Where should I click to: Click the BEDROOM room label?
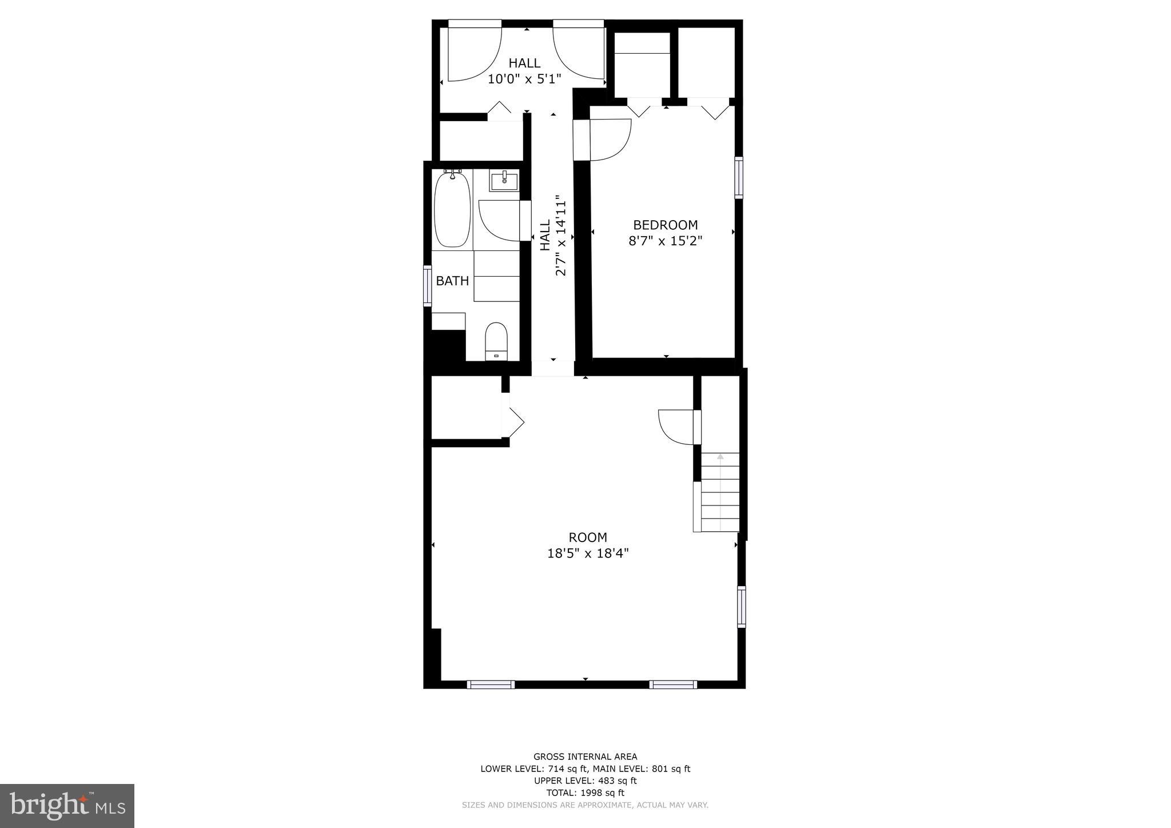pos(665,225)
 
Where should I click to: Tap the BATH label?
pos(452,281)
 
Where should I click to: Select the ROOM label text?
pos(587,538)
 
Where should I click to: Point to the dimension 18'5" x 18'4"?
pos(588,554)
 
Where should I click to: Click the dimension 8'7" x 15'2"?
pos(665,241)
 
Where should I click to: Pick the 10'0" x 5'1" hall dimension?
pos(524,79)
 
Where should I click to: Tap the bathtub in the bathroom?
pos(452,209)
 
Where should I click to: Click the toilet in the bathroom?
pos(496,340)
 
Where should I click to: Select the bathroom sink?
pos(504,181)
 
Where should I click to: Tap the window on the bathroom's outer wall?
pos(427,285)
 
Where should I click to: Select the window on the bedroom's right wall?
pos(739,177)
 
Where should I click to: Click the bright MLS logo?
pos(67,806)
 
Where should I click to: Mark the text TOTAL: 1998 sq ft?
pos(585,793)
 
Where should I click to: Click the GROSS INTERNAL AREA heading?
pos(585,757)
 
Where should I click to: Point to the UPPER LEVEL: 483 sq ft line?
pos(585,781)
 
